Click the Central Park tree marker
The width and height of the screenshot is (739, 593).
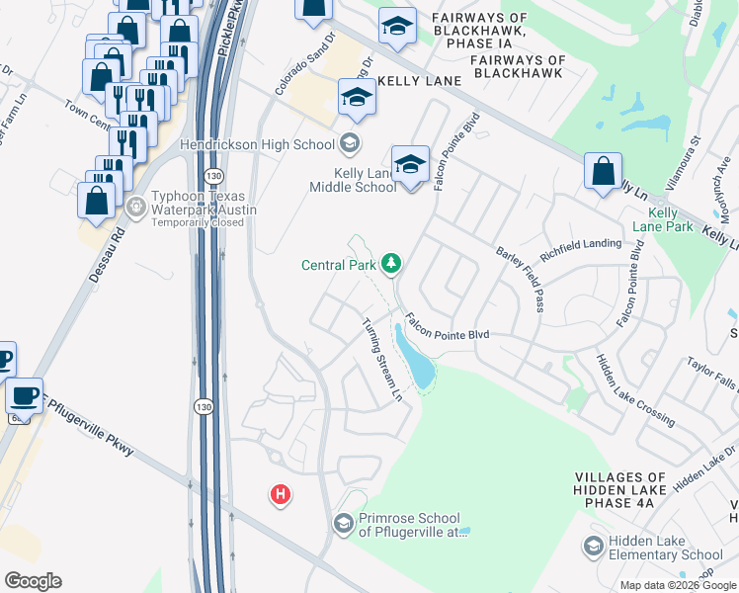[x=392, y=263]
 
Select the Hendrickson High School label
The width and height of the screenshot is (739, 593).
[x=259, y=144]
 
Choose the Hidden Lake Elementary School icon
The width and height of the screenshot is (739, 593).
[x=593, y=546]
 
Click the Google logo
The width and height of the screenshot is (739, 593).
[x=32, y=581]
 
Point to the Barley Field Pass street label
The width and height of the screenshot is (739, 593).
[x=522, y=279]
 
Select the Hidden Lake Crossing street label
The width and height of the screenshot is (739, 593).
[x=633, y=390]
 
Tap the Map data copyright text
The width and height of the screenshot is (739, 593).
[x=677, y=585]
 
